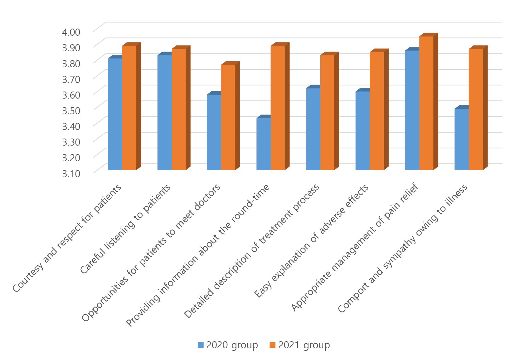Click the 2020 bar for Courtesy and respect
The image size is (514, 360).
[115, 114]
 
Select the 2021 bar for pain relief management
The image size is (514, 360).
[426, 103]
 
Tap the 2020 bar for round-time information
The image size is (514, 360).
[263, 144]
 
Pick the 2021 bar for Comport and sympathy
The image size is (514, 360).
[476, 109]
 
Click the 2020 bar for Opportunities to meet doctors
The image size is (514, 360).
[214, 132]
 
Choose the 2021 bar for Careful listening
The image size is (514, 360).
[179, 109]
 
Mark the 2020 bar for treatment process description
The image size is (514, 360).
[313, 129]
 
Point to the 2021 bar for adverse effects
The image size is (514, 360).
[377, 111]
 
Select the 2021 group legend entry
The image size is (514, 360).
[300, 345]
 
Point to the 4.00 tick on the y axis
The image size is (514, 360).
[71, 32]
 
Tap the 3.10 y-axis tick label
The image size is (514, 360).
[71, 174]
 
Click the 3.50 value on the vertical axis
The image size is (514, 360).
[71, 111]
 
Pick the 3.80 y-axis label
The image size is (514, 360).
[71, 63]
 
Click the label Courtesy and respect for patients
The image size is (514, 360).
[68, 238]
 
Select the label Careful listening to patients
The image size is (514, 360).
[126, 229]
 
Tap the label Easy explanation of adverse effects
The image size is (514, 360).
[312, 241]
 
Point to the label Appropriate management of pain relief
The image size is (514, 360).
[355, 247]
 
